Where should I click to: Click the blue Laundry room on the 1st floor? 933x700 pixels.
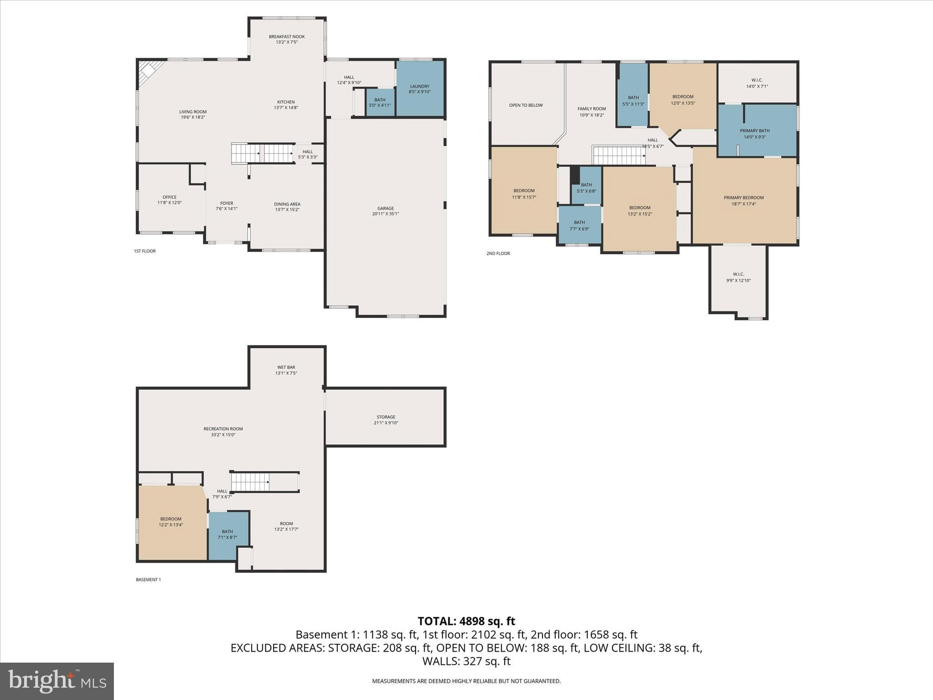click(420, 88)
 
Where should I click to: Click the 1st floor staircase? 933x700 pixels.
click(262, 154)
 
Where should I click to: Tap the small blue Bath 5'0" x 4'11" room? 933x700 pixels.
click(379, 103)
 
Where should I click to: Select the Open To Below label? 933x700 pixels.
click(526, 105)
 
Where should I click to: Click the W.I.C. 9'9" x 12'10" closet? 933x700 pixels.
click(738, 277)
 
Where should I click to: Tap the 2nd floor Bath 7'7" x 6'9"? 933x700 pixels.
click(579, 225)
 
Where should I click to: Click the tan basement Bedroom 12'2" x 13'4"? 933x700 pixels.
click(171, 521)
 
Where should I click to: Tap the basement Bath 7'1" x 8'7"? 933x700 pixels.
click(227, 534)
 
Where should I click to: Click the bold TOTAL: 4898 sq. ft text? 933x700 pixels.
click(466, 621)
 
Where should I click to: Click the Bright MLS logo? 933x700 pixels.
click(57, 681)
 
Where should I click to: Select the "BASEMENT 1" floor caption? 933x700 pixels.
click(148, 580)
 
